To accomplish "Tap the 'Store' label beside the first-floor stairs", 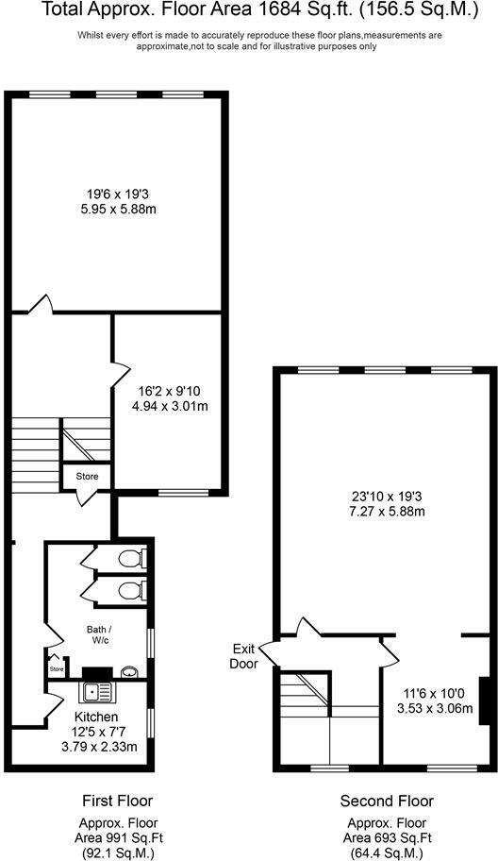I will pos(87,477).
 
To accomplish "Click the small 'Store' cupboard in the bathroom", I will pos(57,667).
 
